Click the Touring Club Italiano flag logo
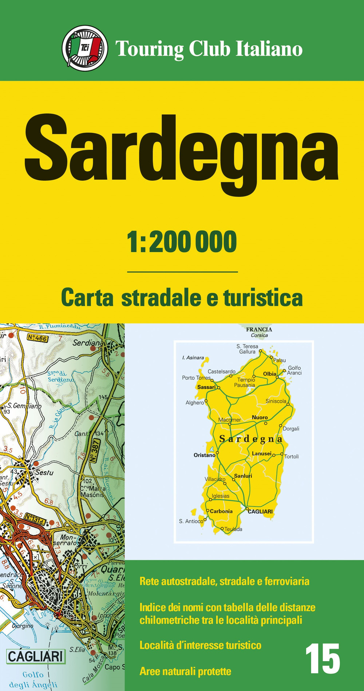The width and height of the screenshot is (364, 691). click(x=85, y=48)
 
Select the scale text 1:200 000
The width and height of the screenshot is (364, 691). click(x=182, y=242)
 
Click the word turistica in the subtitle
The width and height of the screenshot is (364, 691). click(x=263, y=298)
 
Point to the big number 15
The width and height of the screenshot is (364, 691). click(x=323, y=659)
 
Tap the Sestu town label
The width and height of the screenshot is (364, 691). click(x=44, y=473)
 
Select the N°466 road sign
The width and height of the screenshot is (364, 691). click(x=37, y=338)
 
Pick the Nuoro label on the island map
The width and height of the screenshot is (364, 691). click(x=260, y=417)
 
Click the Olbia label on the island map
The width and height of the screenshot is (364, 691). click(x=270, y=374)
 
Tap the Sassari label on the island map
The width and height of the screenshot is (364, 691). click(x=206, y=387)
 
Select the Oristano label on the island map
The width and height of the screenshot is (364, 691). click(x=204, y=455)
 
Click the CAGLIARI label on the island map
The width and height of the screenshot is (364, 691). click(x=260, y=512)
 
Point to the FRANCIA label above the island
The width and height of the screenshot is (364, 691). click(x=259, y=329)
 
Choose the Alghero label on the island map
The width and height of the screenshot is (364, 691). click(x=195, y=403)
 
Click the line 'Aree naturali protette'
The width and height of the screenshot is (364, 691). click(x=185, y=671)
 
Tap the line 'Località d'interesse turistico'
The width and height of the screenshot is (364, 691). click(x=200, y=645)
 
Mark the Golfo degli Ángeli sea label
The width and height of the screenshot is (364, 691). click(x=33, y=679)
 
